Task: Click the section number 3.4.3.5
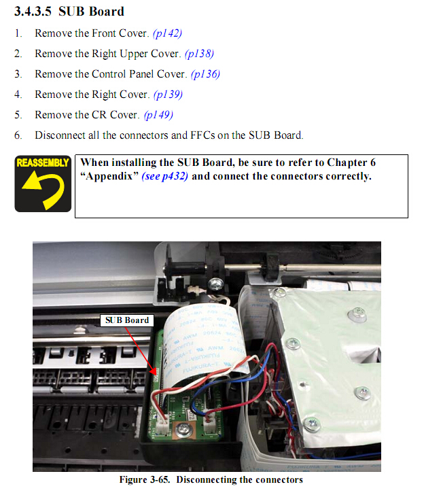[x=33, y=12]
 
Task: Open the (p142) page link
[x=167, y=33]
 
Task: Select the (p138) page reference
[x=200, y=54]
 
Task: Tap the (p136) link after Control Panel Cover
[x=205, y=74]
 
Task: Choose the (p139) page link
[x=168, y=95]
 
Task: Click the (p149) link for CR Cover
[x=158, y=115]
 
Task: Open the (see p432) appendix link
[x=165, y=176]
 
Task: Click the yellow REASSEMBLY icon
[x=43, y=184]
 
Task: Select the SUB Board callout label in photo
[x=127, y=320]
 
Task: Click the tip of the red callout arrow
[x=156, y=375]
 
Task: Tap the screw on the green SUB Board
[x=183, y=429]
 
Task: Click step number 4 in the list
[x=18, y=95]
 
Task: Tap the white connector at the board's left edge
[x=162, y=426]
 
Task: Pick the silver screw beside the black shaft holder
[x=215, y=284]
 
